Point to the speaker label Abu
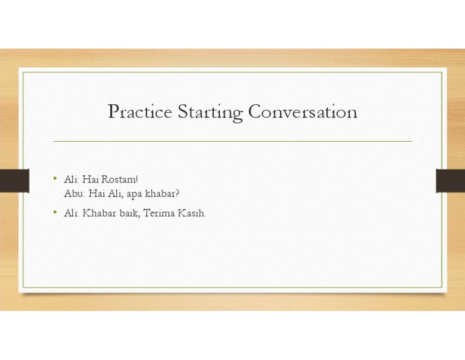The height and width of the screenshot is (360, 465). tap(73, 193)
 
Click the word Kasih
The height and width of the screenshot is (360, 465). tap(193, 213)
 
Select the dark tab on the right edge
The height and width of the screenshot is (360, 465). tap(450, 180)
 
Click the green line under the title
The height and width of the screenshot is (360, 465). tap(232, 141)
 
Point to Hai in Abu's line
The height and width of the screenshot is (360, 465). tap(97, 193)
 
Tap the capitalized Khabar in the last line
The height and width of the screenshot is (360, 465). tap(97, 213)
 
